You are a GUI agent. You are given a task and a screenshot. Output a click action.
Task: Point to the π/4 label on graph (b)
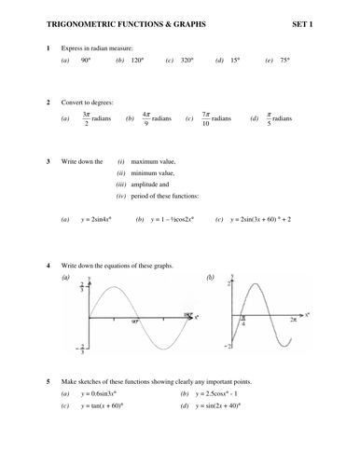click(243, 322)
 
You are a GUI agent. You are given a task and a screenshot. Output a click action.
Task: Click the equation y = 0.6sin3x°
click(104, 393)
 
